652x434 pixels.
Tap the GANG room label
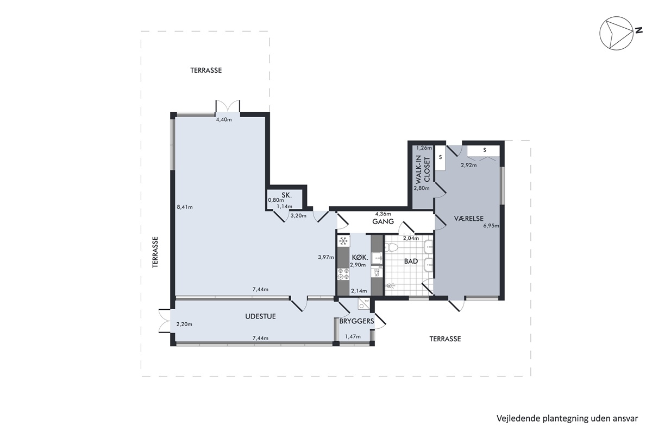[383, 221]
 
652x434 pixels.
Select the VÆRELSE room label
[468, 218]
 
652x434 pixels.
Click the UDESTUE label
[260, 316]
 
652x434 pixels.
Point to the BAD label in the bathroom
[411, 261]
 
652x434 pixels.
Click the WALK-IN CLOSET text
[422, 169]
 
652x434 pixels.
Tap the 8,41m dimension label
[185, 207]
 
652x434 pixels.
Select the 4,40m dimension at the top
[224, 119]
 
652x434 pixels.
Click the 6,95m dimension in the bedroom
[491, 226]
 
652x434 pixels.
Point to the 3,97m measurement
[325, 257]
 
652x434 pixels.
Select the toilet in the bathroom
[391, 248]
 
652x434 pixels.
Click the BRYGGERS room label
[356, 321]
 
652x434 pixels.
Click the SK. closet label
[287, 195]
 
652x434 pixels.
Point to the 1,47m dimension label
[353, 336]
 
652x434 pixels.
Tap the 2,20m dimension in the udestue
[184, 324]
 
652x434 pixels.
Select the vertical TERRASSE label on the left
[155, 252]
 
